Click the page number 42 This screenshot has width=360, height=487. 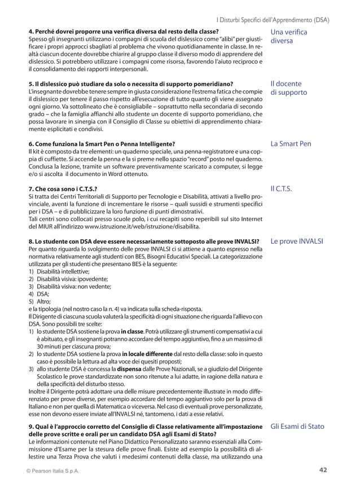point(323,470)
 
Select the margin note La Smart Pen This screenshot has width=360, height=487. point(291,144)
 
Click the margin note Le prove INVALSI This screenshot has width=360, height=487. point(297,240)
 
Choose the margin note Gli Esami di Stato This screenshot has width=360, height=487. point(297,426)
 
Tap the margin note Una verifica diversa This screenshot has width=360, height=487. point(289,37)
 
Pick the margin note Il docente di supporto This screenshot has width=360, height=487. point(289,87)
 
